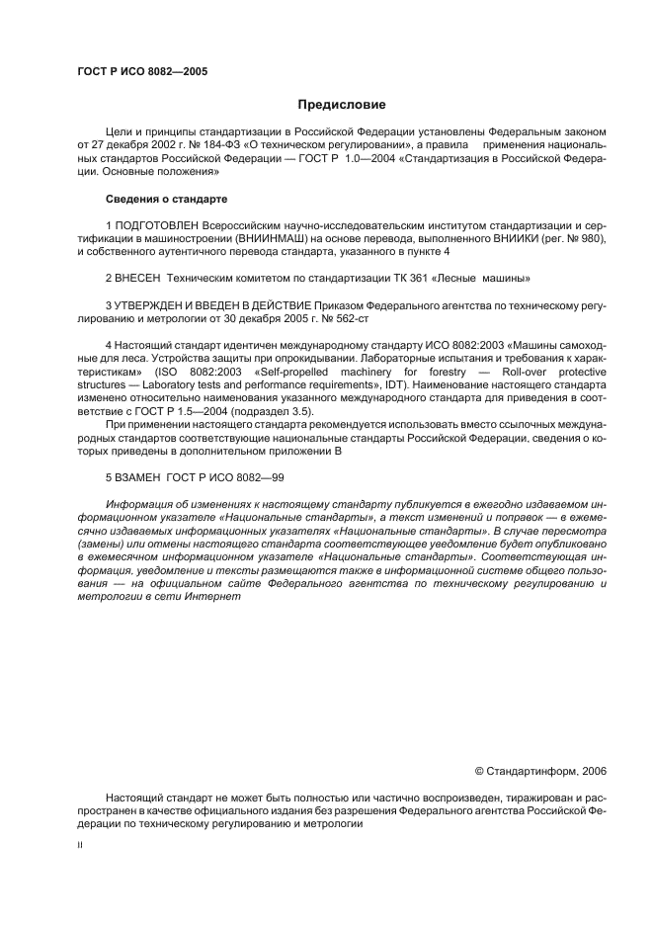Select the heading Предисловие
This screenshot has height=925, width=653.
[342, 105]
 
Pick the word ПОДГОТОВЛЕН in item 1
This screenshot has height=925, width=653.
[156, 226]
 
